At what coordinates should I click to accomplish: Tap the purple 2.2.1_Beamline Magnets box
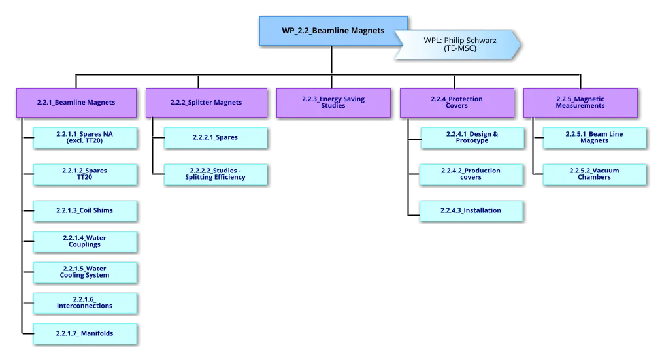coord(76,103)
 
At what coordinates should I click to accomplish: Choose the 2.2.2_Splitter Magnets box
coord(206,103)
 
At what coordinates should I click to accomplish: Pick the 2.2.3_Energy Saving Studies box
coord(333,103)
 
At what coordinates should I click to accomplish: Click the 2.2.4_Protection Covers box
coord(457,103)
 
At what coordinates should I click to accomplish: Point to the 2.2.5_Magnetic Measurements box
coord(580,103)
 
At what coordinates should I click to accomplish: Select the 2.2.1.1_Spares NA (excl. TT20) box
coord(85,137)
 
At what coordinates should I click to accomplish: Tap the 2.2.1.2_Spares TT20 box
coord(85,174)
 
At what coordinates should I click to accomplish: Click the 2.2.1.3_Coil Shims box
coord(85,210)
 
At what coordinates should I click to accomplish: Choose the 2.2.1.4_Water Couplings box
coord(85,242)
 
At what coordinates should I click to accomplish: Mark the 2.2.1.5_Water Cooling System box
coord(85,272)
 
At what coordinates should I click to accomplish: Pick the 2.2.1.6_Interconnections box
coord(85,303)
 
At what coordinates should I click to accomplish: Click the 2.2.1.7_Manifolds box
coord(85,333)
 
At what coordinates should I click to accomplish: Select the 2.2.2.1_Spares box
coord(216,137)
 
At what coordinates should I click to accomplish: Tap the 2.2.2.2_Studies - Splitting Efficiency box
coord(216,174)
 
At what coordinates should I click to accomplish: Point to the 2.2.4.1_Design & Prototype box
coord(472,137)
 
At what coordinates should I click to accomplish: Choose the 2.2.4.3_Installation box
coord(472,210)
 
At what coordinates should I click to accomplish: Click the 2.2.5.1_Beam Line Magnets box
coord(595,137)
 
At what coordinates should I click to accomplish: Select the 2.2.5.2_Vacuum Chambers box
coord(595,174)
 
